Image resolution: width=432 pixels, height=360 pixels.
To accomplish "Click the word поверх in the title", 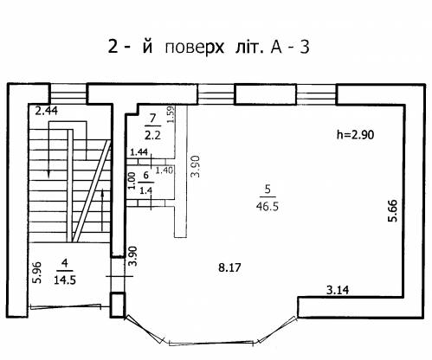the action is [194, 48].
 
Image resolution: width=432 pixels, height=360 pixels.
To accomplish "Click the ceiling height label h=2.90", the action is [355, 135].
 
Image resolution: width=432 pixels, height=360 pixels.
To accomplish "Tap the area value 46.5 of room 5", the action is [268, 206].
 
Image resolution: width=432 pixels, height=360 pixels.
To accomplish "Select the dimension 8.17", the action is [229, 267].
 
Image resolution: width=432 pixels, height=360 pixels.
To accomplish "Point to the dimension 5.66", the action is [393, 210].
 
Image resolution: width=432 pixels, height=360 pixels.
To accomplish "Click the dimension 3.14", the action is [338, 290].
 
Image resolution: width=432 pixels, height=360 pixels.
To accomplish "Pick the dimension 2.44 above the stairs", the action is [46, 111].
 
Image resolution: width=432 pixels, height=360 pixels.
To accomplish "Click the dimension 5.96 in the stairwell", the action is [38, 273].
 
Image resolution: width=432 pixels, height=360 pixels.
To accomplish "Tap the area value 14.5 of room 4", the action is [65, 280].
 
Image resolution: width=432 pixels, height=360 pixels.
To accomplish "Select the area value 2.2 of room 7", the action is [152, 135].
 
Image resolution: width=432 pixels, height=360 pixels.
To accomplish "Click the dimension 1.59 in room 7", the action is [171, 114].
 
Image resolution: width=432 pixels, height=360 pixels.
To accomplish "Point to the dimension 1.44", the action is [139, 152].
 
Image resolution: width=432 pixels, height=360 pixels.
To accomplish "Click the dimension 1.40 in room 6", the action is [164, 170].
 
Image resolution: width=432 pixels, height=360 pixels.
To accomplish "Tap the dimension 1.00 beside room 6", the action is [132, 181].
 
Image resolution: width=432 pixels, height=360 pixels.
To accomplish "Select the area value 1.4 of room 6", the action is [146, 190].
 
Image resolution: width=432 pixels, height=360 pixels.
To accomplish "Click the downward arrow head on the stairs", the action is [49, 174].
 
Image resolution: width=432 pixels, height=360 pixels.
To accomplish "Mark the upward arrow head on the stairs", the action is [102, 193].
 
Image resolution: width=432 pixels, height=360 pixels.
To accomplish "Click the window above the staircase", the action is [68, 93].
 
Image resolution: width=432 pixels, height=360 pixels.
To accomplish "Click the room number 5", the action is [268, 190].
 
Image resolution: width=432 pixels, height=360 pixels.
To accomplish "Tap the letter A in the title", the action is [276, 48].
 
